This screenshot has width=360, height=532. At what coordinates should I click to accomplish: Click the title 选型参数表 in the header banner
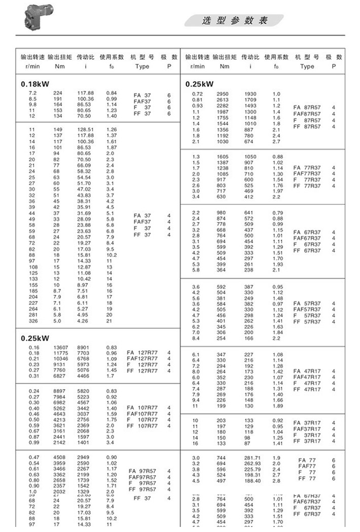(x=234, y=20)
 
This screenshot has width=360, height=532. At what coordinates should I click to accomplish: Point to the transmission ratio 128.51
(x=85, y=130)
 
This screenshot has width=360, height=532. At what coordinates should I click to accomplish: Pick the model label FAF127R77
(x=142, y=359)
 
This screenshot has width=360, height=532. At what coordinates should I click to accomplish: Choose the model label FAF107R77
(x=142, y=413)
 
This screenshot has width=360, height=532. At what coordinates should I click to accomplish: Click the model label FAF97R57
(x=142, y=477)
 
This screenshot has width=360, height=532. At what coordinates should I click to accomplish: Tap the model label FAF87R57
(x=307, y=114)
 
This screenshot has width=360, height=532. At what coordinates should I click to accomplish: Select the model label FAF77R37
(x=307, y=173)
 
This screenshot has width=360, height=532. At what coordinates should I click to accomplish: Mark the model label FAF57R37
(x=307, y=309)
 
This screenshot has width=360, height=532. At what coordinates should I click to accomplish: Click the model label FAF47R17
(x=307, y=377)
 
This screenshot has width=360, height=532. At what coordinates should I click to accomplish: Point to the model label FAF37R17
(x=307, y=429)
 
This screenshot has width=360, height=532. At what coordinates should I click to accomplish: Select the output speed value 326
(x=32, y=320)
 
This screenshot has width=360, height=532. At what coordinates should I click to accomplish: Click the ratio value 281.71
(x=252, y=458)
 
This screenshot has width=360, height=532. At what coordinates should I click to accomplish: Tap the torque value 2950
(x=223, y=94)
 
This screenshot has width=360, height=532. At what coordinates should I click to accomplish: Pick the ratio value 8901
(x=84, y=347)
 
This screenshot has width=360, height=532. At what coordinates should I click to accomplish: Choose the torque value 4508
(x=61, y=458)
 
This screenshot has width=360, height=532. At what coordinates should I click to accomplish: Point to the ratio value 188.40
(x=252, y=481)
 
